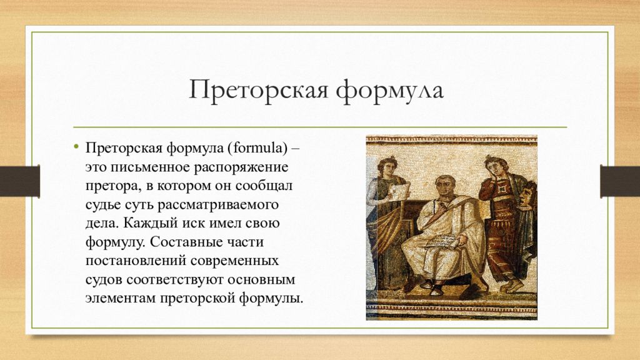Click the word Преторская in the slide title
click(258, 90)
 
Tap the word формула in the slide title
click(390, 90)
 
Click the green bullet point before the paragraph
click(76, 146)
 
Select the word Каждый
click(149, 223)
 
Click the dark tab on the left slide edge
click(19, 181)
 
